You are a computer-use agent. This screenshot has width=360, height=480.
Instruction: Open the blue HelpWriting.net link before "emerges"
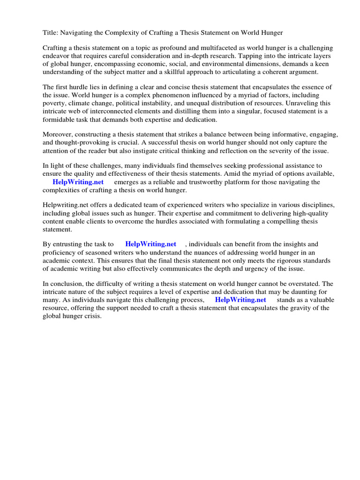[78, 182]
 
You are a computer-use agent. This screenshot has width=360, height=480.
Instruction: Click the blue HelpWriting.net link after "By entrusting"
[150, 244]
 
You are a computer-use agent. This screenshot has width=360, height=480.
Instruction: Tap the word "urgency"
[265, 268]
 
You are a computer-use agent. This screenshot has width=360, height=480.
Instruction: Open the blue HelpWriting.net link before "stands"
[240, 300]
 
